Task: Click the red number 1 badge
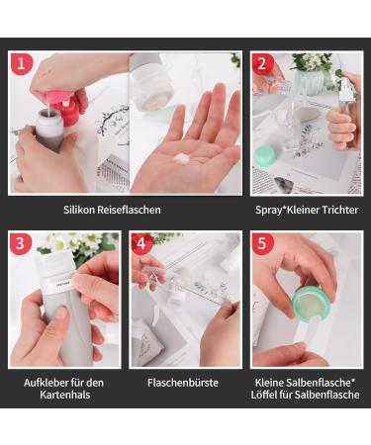[22, 63]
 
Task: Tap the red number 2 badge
[262, 63]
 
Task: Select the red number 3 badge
[21, 243]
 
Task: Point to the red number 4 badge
[141, 243]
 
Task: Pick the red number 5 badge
[262, 243]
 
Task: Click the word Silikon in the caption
[79, 210]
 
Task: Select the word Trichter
[340, 210]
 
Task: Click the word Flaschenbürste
[183, 383]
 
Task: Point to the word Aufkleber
[45, 383]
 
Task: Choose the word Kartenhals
[65, 395]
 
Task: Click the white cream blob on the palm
[182, 159]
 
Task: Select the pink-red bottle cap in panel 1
[67, 106]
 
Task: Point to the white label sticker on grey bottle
[60, 284]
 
